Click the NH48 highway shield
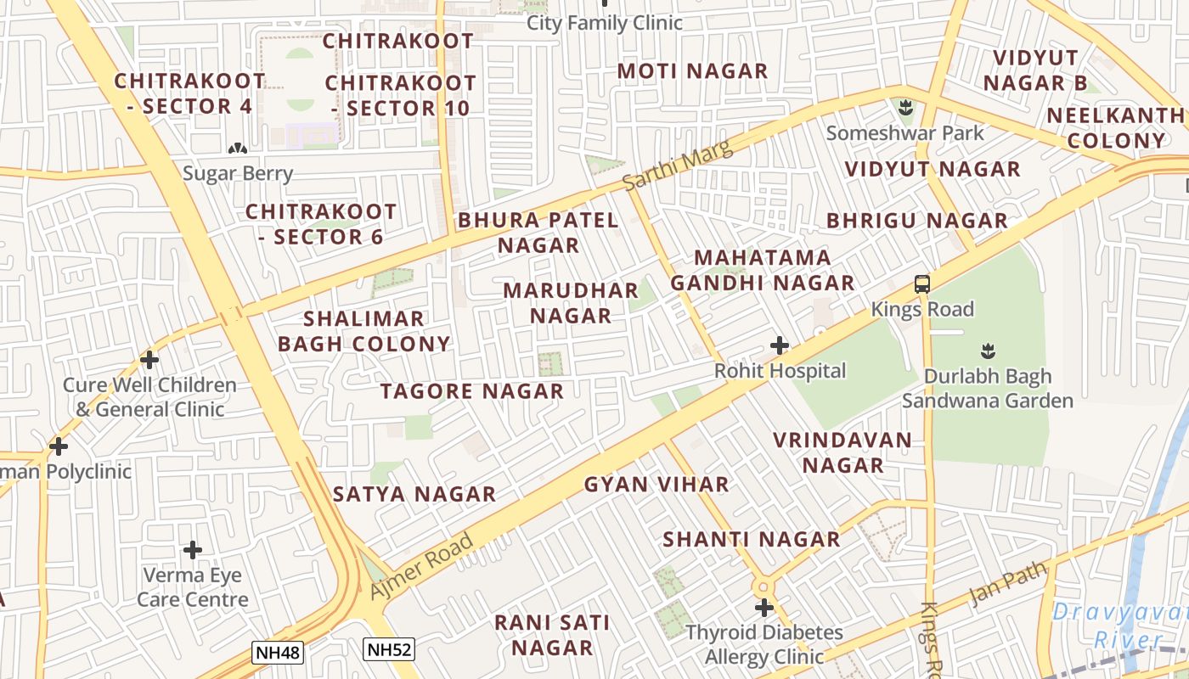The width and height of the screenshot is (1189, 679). point(278,652)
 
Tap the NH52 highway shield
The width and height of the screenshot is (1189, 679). point(388,650)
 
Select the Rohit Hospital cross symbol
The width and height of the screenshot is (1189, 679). point(780,345)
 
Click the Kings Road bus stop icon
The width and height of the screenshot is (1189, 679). point(922,284)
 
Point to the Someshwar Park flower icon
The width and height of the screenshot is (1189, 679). point(905,108)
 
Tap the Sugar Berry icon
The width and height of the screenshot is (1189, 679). point(238,149)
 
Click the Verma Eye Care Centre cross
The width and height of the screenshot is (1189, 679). point(193,550)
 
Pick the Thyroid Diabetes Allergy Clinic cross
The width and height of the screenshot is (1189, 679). point(764,608)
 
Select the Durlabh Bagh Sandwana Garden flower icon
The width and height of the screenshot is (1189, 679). point(988,350)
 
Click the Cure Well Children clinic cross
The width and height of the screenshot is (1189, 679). point(149,360)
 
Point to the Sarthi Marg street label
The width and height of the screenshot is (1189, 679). point(676,166)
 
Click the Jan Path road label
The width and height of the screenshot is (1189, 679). point(1009,581)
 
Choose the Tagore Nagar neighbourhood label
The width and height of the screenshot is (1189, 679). point(471,391)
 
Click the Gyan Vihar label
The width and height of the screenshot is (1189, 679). point(656,485)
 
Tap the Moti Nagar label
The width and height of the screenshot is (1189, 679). point(692,71)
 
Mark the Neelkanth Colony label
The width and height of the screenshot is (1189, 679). point(1115,128)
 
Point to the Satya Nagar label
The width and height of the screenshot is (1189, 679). point(414,494)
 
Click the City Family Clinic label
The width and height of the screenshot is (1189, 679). point(605,23)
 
